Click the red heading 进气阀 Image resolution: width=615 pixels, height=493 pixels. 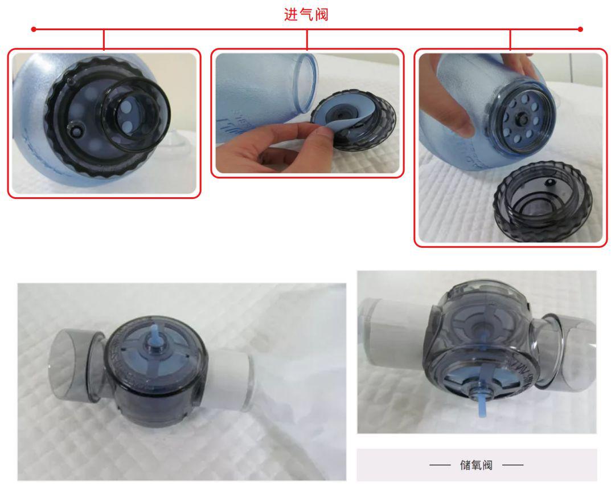point(306,15)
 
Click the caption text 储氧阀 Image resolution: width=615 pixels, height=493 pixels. point(477,465)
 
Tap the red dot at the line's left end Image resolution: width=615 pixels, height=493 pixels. point(34,28)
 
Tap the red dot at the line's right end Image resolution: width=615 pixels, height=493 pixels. point(580,28)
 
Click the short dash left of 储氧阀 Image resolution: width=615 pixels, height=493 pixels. point(440,465)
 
